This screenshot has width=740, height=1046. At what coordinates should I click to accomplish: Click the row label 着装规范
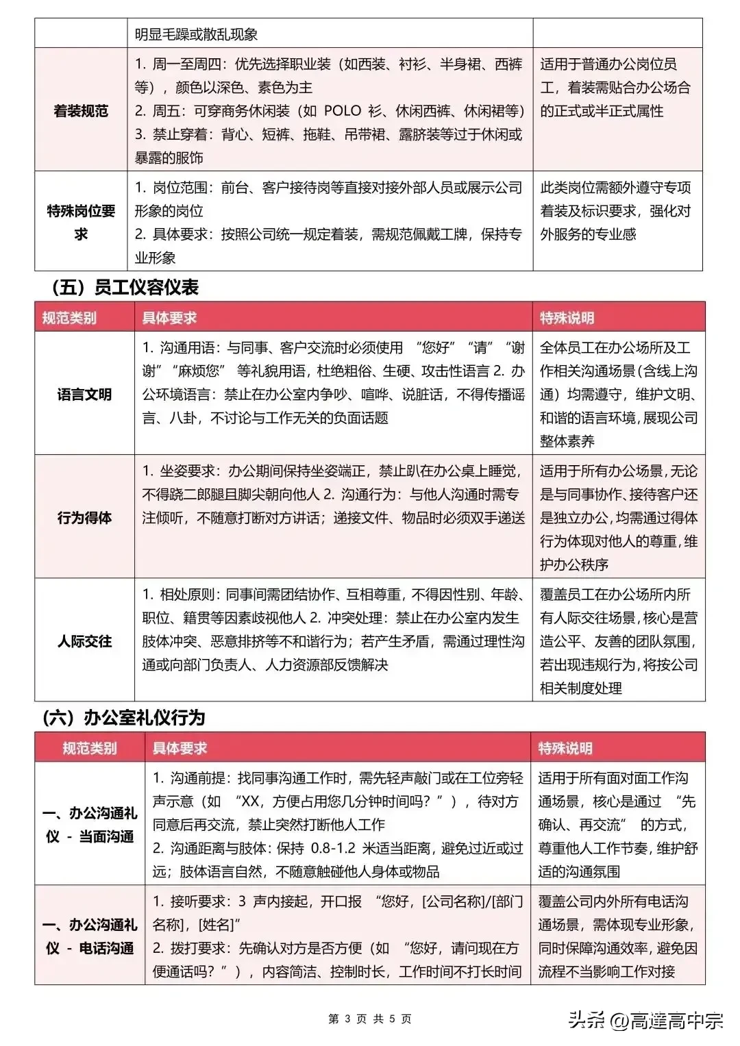pyautogui.click(x=81, y=111)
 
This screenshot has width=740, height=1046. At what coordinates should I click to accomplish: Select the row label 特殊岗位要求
pyautogui.click(x=81, y=222)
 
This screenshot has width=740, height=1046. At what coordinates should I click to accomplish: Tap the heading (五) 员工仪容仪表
pyautogui.click(x=125, y=287)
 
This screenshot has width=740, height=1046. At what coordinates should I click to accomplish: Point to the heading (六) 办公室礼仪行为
pyautogui.click(x=123, y=717)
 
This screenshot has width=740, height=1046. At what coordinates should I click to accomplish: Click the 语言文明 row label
pyautogui.click(x=84, y=394)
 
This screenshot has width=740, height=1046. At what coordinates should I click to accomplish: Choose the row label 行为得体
pyautogui.click(x=84, y=517)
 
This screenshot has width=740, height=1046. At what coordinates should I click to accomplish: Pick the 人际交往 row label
pyautogui.click(x=84, y=641)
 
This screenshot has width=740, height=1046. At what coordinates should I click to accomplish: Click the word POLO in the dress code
pyautogui.click(x=342, y=111)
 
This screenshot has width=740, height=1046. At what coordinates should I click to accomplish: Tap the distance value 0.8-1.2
pyautogui.click(x=333, y=848)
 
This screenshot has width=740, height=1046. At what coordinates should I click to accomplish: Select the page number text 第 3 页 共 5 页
pyautogui.click(x=370, y=1019)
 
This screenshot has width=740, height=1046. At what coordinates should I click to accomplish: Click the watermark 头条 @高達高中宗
pyautogui.click(x=645, y=1021)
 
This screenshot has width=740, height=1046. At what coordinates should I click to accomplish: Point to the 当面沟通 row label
pyautogui.click(x=89, y=825)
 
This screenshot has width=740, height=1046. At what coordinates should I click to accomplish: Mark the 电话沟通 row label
pyautogui.click(x=89, y=936)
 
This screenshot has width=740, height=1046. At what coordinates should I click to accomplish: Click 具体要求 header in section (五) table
pyautogui.click(x=169, y=318)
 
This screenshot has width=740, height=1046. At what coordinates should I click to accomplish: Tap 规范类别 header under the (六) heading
pyautogui.click(x=89, y=748)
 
